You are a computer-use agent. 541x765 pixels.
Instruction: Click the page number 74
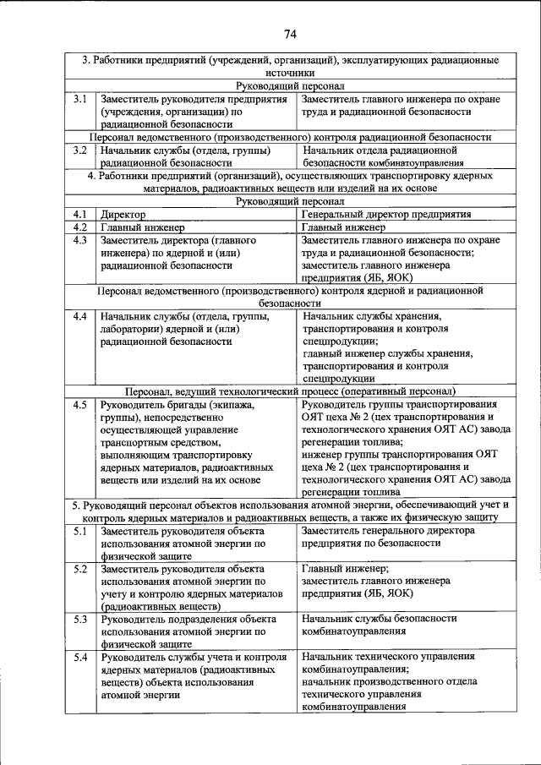(290, 34)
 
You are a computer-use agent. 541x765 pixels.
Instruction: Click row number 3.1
(80, 100)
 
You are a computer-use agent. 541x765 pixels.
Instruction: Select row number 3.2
(80, 150)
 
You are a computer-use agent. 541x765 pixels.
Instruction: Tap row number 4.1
(80, 215)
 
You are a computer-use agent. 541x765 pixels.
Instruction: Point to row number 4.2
(80, 227)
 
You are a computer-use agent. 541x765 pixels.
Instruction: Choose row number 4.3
(80, 240)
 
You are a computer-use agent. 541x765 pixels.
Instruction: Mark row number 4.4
(80, 316)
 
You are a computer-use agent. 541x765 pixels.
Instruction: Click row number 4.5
(80, 405)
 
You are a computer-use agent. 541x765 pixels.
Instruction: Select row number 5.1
(80, 531)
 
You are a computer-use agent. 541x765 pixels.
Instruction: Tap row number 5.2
(80, 569)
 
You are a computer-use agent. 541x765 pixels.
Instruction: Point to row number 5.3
(80, 620)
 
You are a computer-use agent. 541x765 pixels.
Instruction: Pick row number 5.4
(80, 657)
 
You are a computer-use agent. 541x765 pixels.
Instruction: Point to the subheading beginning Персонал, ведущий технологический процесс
(290, 391)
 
